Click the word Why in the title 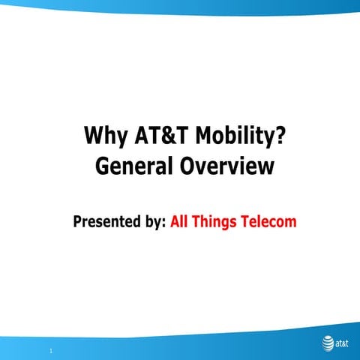pyautogui.click(x=105, y=136)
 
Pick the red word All pyautogui.click(x=181, y=222)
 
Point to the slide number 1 pyautogui.click(x=49, y=350)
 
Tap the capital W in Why pyautogui.click(x=94, y=136)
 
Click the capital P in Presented pyautogui.click(x=77, y=222)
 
